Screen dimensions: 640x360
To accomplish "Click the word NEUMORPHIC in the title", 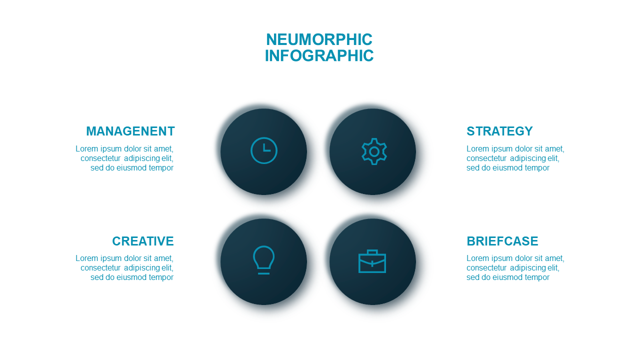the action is (319, 39).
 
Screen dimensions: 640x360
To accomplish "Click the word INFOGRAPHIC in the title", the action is (319, 55).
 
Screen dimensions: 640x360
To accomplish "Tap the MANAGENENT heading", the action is (130, 131).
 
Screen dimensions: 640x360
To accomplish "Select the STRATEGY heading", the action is (499, 131).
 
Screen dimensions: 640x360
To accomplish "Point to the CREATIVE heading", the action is (143, 241).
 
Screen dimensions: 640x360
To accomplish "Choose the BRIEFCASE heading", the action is (502, 241).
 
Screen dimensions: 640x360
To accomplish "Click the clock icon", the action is (263, 150).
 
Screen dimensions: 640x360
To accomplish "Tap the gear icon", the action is (374, 151).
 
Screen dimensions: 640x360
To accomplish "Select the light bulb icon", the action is (263, 260).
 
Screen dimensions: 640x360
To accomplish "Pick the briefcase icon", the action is (372, 261).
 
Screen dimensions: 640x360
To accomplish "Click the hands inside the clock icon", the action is (266, 147).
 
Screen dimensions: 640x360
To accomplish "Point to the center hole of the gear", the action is (374, 151).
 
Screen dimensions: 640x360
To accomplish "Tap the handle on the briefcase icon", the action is (372, 252).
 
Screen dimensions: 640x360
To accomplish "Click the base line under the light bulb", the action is (263, 273).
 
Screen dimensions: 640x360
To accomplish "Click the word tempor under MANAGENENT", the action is (161, 168).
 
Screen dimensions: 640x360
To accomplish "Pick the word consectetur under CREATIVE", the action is (100, 268).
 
